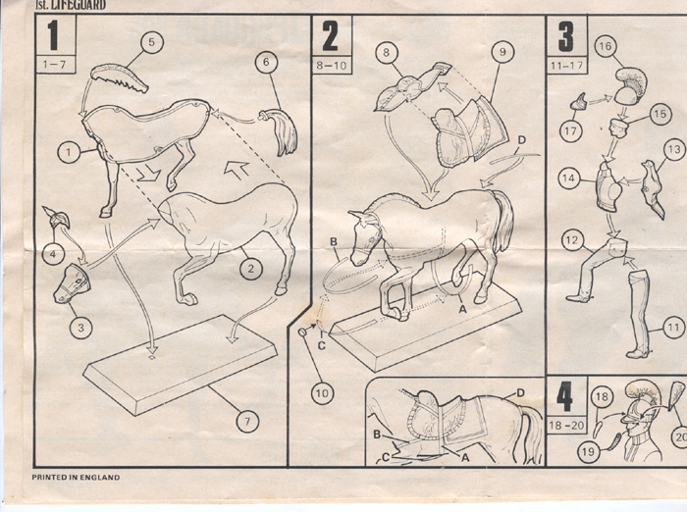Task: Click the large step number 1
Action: click(x=53, y=35)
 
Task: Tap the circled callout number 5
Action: click(x=151, y=42)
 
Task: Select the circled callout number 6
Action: click(x=266, y=62)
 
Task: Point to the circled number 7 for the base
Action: click(x=247, y=422)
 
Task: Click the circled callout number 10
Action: click(x=322, y=393)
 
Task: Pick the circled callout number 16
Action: click(x=606, y=46)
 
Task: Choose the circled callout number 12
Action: click(x=572, y=240)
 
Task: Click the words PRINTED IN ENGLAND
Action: click(x=76, y=477)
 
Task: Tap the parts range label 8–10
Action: click(x=332, y=66)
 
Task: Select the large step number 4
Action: click(x=565, y=398)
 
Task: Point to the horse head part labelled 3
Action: click(x=72, y=283)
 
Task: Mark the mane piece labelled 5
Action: click(x=120, y=77)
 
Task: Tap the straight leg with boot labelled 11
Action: click(x=639, y=314)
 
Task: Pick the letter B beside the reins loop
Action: click(x=334, y=241)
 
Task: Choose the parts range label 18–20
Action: click(x=566, y=425)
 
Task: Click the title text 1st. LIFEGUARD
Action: click(x=71, y=5)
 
